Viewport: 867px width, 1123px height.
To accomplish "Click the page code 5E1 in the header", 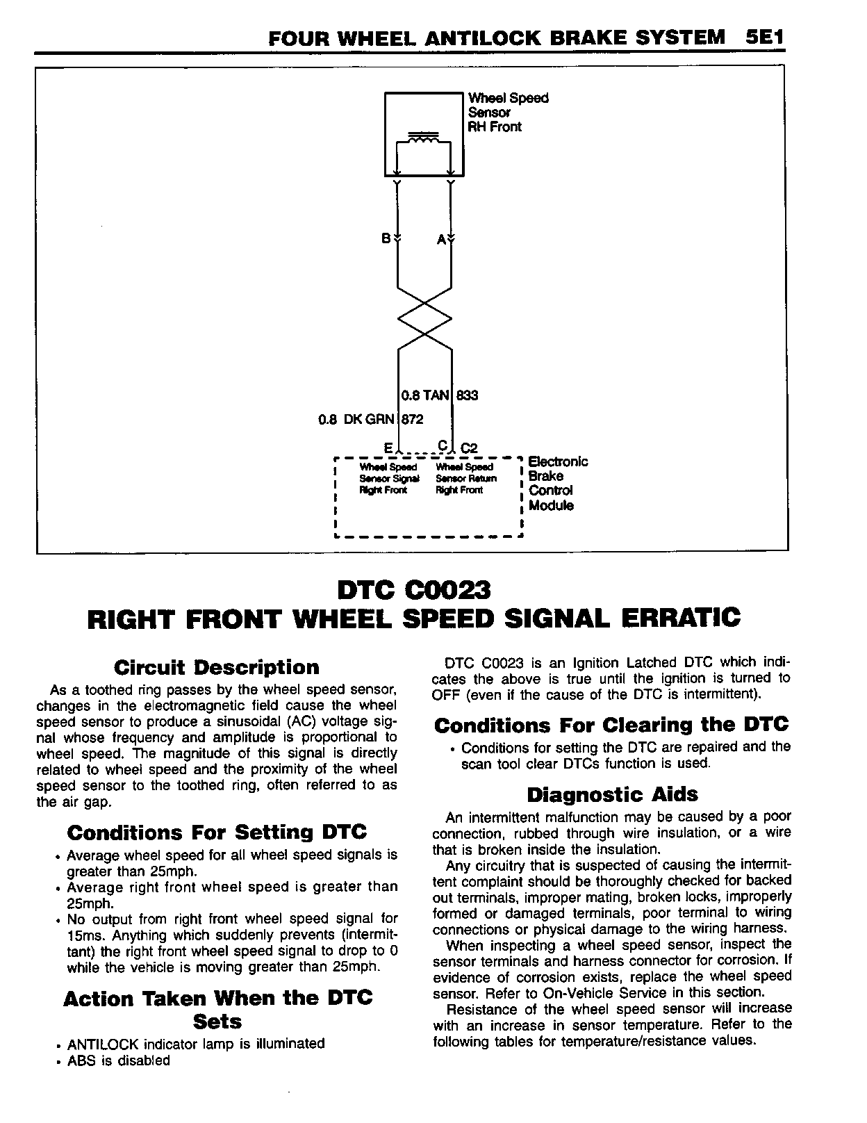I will click(762, 38).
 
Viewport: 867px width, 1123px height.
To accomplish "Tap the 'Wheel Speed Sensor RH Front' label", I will click(508, 113).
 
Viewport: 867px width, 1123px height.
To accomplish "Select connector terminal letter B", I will click(386, 238).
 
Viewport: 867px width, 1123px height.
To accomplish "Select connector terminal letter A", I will click(440, 240).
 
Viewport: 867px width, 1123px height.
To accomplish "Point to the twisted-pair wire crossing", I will click(424, 319).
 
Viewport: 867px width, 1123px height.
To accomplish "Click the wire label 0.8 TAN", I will click(425, 395).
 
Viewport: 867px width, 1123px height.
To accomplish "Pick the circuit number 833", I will click(467, 395).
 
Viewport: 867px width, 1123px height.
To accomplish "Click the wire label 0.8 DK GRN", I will click(356, 419).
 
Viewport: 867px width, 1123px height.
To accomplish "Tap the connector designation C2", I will click(470, 448).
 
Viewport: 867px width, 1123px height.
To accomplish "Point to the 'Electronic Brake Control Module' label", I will click(557, 483).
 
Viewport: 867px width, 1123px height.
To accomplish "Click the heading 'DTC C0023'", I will click(413, 590).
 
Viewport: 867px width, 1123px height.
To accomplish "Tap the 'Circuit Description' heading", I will click(216, 668).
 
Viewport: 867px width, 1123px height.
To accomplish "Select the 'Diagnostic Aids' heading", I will click(612, 794).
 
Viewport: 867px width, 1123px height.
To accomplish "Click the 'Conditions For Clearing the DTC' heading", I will click(611, 725).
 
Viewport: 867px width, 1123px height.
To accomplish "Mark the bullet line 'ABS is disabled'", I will click(118, 1060).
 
